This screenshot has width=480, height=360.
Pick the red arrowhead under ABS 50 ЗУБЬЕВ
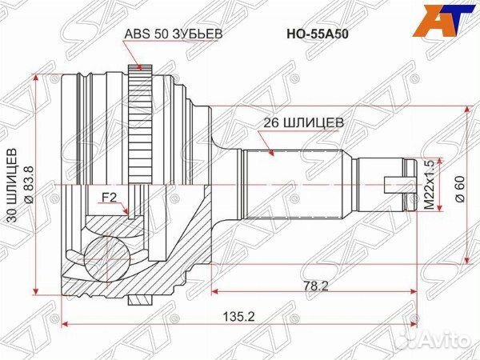coord(138,68)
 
